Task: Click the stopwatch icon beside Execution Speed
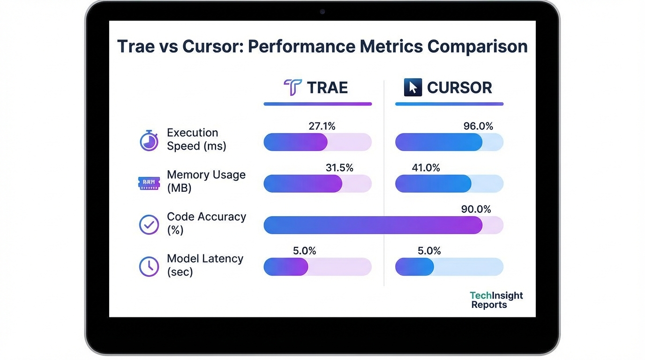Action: (x=149, y=140)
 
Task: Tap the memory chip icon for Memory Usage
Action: (x=149, y=183)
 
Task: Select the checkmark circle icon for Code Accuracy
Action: (x=149, y=225)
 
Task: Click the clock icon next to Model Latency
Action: (x=149, y=267)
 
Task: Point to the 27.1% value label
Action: (x=322, y=126)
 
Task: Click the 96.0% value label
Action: (x=478, y=126)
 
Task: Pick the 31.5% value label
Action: (x=339, y=168)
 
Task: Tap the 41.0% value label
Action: (x=426, y=168)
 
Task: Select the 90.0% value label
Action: (x=476, y=210)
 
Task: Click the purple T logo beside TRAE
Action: (x=292, y=88)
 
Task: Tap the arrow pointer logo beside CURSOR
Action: (x=412, y=88)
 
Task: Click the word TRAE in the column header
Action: (x=327, y=88)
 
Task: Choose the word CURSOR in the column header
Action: (x=459, y=88)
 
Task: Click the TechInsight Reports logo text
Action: (x=496, y=300)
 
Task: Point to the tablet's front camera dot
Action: (x=322, y=11)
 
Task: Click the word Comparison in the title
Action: (x=478, y=46)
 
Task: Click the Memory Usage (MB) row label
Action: (x=206, y=181)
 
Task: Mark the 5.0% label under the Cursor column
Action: (x=429, y=251)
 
